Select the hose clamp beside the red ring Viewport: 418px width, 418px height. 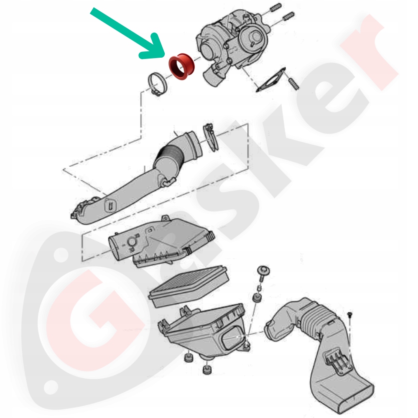tap(158, 84)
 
